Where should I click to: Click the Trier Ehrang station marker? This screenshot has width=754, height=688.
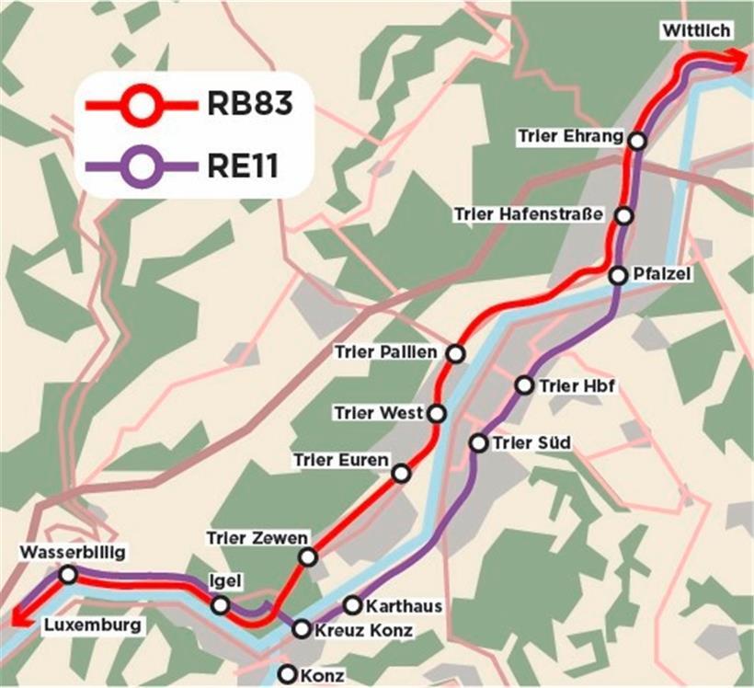(x=637, y=140)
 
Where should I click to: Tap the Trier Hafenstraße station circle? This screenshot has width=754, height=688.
(x=624, y=215)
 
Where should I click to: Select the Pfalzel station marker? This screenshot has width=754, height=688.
(x=618, y=274)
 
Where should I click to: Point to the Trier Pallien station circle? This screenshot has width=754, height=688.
(x=454, y=353)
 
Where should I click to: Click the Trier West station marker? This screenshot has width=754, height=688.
(x=437, y=414)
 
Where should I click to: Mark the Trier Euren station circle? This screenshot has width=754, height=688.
(x=401, y=474)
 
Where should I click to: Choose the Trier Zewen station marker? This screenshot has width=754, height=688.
(x=308, y=556)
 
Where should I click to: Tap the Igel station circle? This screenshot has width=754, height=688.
(x=221, y=605)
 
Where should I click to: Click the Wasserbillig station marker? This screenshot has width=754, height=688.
(x=67, y=575)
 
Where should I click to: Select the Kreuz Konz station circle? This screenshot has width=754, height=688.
(x=302, y=630)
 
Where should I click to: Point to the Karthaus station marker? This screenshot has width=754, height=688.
(x=352, y=605)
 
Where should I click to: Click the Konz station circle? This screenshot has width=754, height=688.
(x=288, y=674)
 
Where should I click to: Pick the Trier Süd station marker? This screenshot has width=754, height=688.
(x=478, y=443)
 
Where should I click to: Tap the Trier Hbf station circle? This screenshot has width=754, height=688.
(x=524, y=385)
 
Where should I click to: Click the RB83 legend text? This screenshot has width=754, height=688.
(x=249, y=104)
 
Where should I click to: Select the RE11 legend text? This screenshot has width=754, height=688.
(x=243, y=166)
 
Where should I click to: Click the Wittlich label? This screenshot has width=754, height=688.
(x=696, y=31)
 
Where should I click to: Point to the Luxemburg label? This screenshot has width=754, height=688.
(x=94, y=626)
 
